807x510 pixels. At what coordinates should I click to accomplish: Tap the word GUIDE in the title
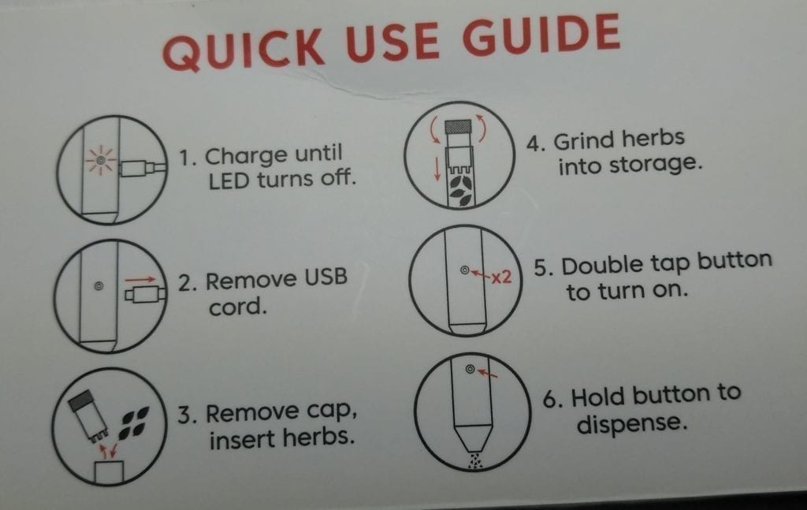(541, 35)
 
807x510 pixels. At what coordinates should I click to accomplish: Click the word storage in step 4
(630, 166)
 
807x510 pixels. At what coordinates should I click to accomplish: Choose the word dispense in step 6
(632, 425)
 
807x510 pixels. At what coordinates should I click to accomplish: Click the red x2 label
(500, 277)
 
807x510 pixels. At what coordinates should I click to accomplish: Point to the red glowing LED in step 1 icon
(101, 161)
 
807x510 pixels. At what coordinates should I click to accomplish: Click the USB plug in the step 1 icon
(142, 168)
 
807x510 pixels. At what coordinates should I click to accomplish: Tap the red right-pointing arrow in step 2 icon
(140, 280)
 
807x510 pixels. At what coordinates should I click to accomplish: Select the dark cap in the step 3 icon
(81, 400)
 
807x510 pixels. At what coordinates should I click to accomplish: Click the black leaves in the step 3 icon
(134, 422)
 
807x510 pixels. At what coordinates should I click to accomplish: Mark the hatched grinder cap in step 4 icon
(458, 126)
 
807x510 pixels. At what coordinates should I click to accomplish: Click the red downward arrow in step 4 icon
(437, 169)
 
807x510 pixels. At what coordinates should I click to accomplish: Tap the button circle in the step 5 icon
(465, 270)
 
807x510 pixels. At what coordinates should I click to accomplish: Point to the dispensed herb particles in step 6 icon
(474, 460)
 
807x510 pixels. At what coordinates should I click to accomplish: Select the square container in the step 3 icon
(109, 472)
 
